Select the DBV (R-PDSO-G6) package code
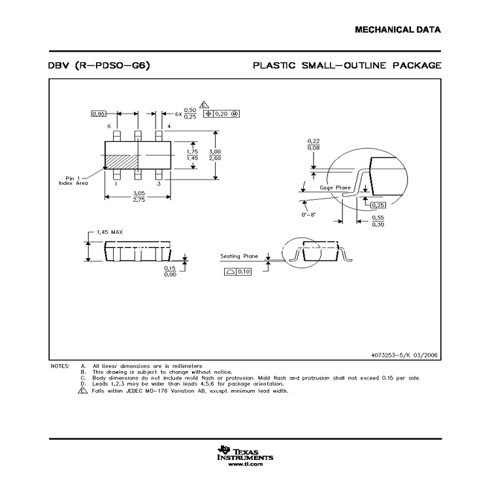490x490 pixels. [101, 65]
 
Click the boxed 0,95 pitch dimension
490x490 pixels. [98, 114]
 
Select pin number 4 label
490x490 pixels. [169, 125]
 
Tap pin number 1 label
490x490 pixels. [116, 185]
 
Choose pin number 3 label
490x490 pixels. [159, 185]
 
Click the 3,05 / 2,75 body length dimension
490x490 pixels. [139, 197]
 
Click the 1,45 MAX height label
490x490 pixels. [109, 232]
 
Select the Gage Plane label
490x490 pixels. [335, 188]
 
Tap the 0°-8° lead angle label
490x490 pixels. [308, 214]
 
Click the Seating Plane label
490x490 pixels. [239, 257]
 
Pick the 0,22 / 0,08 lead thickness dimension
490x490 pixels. [314, 144]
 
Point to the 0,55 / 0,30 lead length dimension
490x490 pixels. [378, 221]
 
